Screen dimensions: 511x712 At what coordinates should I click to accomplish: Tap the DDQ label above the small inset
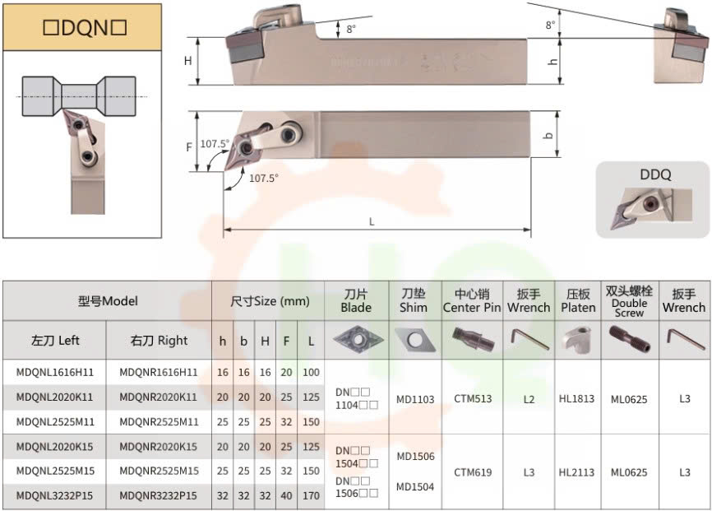(x=654, y=174)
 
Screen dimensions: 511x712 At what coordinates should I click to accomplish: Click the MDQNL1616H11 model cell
(x=54, y=373)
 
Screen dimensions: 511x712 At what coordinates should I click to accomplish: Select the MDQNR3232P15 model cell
(x=159, y=496)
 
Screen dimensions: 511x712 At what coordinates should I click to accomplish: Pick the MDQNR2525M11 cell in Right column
(x=159, y=422)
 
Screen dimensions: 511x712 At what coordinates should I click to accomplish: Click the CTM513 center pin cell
(x=473, y=399)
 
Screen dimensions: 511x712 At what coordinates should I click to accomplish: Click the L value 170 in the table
(x=311, y=496)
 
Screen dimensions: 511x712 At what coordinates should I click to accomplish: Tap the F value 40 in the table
(x=286, y=496)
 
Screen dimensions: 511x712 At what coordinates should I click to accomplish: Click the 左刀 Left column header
(x=55, y=341)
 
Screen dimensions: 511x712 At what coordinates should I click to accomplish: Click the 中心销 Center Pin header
(x=472, y=300)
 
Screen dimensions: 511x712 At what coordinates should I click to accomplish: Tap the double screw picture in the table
(x=629, y=338)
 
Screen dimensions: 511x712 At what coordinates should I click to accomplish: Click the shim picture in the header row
(x=413, y=339)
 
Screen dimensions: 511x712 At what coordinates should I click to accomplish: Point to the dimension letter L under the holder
(x=372, y=221)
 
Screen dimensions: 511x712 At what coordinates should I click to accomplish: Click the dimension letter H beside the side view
(x=187, y=61)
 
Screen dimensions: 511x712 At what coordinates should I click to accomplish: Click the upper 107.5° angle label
(x=215, y=144)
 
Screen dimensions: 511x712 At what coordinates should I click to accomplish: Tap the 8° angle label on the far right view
(x=550, y=26)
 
